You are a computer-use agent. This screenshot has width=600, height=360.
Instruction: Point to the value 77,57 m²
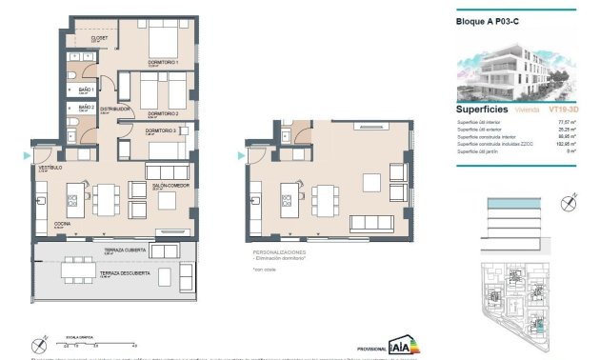point(563,123)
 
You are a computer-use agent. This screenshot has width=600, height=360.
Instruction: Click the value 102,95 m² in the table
point(562,144)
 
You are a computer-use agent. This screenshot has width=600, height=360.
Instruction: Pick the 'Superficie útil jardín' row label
point(480,151)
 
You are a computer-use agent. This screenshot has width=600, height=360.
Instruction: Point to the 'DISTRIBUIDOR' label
point(115,109)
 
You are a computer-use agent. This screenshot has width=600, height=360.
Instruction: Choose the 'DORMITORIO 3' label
point(162,130)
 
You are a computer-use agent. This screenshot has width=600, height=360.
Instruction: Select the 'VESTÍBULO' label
point(50,167)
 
